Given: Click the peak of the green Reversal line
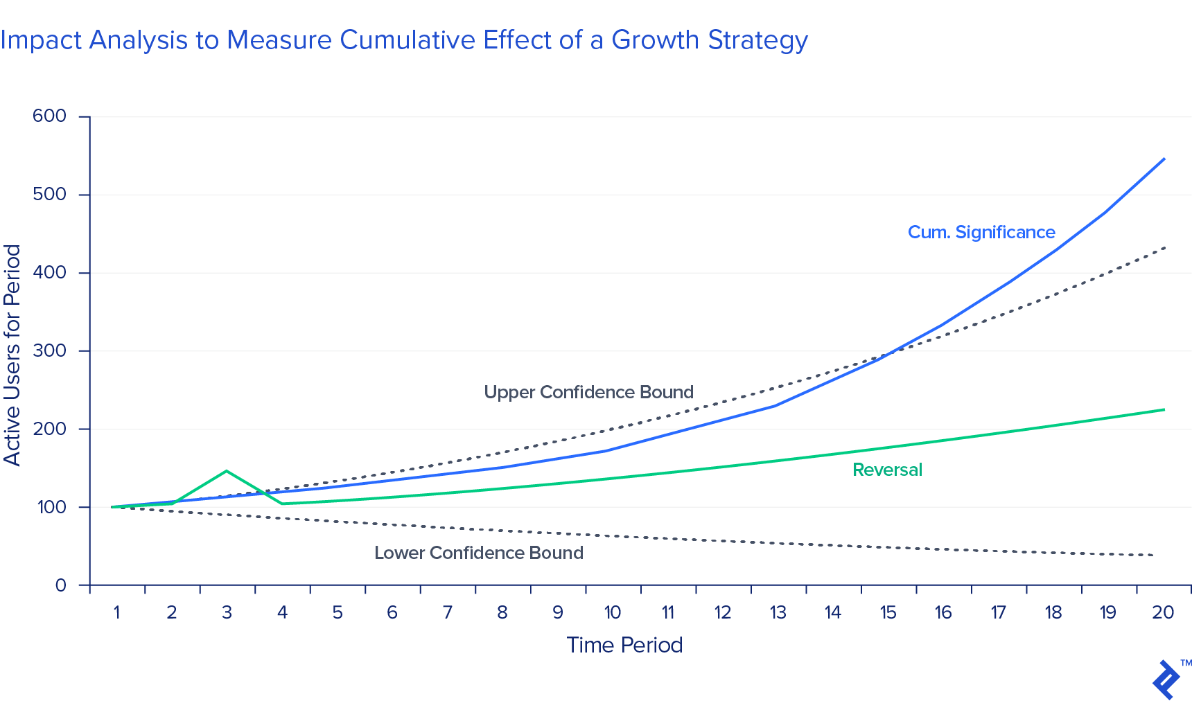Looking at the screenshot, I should tap(227, 471).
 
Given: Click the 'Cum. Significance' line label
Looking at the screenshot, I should tap(981, 233).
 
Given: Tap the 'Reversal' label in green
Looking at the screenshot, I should tap(887, 470).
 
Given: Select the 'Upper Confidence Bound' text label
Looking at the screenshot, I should tap(588, 393).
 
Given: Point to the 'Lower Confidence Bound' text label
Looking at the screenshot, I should tap(479, 553).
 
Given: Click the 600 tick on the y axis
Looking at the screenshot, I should tap(50, 116).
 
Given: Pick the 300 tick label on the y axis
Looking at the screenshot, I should tap(50, 351).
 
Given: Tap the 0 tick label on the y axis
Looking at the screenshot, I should tap(61, 586).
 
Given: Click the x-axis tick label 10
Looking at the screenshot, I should tap(613, 613).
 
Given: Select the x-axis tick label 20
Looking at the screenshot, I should tap(1163, 613).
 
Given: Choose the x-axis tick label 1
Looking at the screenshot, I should tap(116, 613).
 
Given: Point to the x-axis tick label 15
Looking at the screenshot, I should tap(888, 613).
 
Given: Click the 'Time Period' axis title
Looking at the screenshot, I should tap(624, 646).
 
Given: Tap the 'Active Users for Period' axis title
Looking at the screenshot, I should tap(12, 355).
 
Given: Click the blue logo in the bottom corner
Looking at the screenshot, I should tap(1167, 680).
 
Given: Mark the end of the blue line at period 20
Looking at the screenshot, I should tap(1164, 159).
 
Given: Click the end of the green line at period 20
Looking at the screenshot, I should tap(1164, 409).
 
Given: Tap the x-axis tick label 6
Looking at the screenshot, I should tap(392, 613).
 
